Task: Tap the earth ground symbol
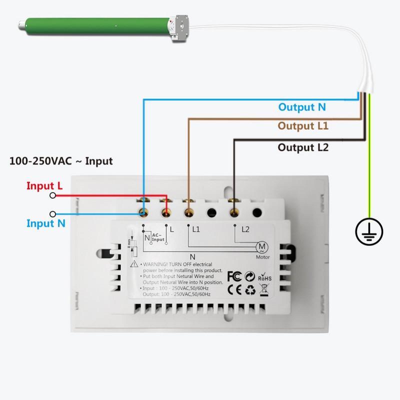click(369, 231)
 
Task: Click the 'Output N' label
click(302, 107)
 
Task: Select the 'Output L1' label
click(303, 126)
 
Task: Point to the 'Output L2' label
click(303, 147)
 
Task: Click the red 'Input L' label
click(44, 186)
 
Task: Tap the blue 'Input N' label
click(45, 223)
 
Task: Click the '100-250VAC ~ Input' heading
click(61, 161)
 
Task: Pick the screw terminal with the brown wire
click(189, 211)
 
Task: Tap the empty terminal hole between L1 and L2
click(211, 212)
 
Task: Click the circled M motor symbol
click(262, 246)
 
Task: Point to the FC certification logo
click(234, 276)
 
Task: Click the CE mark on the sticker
click(234, 289)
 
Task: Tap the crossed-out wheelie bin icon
click(264, 289)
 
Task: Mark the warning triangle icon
click(134, 264)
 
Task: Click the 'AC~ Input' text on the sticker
click(158, 237)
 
